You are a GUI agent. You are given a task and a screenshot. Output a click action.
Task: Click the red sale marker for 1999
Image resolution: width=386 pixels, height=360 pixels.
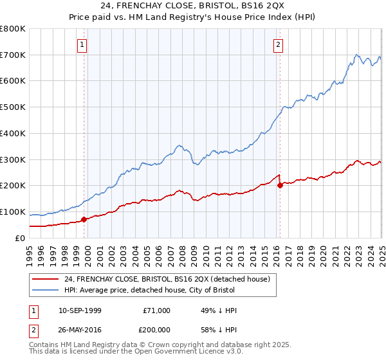pos(84,219)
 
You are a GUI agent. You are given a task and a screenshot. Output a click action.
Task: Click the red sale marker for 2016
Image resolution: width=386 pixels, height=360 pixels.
pos(280,186)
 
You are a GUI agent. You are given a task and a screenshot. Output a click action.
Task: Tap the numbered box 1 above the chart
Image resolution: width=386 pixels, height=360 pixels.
pos(83,45)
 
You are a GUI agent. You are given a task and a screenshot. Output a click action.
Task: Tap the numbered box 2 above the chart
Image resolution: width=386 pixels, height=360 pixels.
pos(278,45)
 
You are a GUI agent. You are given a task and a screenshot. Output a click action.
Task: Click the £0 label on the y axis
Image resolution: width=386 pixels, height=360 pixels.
pos(21,238)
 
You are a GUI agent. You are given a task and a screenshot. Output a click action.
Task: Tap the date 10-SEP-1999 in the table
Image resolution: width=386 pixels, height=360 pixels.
pos(80,310)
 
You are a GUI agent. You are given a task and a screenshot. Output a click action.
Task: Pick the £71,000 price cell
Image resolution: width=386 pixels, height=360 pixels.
pos(156,310)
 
